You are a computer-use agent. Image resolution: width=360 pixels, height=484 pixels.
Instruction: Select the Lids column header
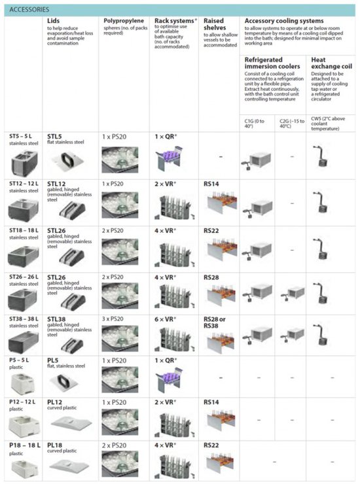coord(54,21)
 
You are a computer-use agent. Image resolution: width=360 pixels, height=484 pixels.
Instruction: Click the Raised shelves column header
coord(215,25)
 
